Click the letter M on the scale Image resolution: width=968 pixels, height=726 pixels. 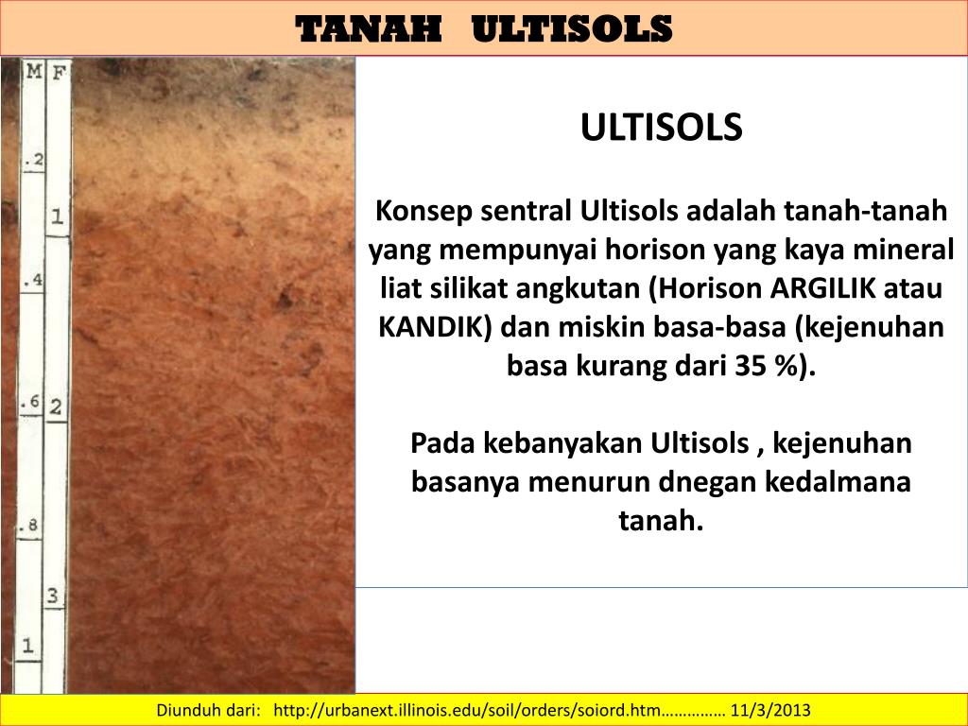coord(34,71)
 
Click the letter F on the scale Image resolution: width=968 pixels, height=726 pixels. coord(58,71)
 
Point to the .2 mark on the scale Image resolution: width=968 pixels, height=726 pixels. coord(34,161)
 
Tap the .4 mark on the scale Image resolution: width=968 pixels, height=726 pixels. coord(34,281)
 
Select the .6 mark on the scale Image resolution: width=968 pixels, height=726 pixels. coord(30,403)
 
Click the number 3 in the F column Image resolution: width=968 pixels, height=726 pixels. coord(54,596)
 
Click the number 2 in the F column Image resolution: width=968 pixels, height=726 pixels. coord(56,407)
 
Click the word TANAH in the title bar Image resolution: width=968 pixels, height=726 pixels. coord(370,29)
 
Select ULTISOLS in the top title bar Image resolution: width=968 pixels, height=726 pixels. coord(571,29)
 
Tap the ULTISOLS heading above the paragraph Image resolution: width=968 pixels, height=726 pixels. coord(662,128)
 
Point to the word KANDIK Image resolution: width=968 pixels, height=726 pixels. coord(435,326)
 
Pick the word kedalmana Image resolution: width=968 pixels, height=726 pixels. coord(845,481)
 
